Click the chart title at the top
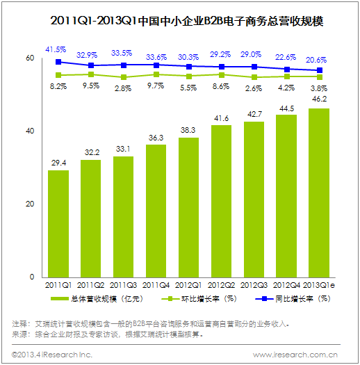click(187, 21)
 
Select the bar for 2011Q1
click(58, 224)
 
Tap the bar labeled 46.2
click(319, 193)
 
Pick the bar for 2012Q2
click(221, 202)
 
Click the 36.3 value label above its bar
click(156, 138)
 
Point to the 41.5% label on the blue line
click(56, 49)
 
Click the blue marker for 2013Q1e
click(320, 70)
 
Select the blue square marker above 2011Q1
click(58, 62)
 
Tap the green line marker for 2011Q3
click(124, 77)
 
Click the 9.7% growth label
click(156, 86)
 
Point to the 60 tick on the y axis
click(30, 58)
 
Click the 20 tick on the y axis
click(30, 204)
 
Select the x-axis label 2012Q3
click(254, 285)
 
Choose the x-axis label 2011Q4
click(156, 285)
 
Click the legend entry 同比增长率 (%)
click(293, 299)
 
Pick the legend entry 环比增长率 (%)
click(199, 299)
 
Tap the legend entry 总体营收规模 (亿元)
click(97, 299)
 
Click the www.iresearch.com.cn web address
click(295, 355)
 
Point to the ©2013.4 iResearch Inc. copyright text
click(52, 355)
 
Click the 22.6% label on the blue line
click(286, 57)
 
